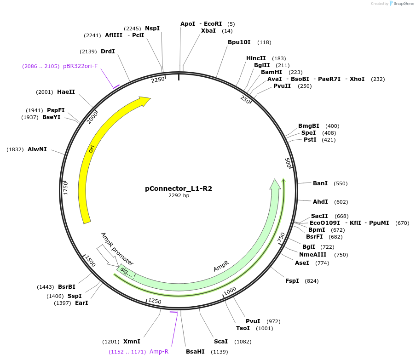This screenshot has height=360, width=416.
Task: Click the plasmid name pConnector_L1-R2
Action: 179,189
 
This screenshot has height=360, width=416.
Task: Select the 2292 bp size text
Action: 179,196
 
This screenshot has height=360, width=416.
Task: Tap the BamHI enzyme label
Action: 272,72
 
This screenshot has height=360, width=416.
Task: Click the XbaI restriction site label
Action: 208,31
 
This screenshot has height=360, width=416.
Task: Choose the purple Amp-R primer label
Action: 159,352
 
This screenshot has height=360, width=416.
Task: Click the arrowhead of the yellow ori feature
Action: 145,101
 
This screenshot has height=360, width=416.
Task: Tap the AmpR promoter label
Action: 117,249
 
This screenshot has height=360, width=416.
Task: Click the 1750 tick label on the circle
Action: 66,188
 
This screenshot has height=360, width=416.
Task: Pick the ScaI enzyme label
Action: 221,342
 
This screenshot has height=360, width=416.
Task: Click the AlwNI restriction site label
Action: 37,149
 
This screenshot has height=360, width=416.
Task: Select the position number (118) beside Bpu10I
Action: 264,42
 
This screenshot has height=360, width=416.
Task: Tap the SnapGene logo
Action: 401,4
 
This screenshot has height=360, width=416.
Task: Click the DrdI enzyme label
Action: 108,51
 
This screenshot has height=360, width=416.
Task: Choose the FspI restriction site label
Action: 292,281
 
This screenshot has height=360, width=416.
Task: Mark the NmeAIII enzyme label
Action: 313,255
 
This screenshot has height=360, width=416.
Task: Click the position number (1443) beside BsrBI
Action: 46,287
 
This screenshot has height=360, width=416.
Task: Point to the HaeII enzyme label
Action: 66,92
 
